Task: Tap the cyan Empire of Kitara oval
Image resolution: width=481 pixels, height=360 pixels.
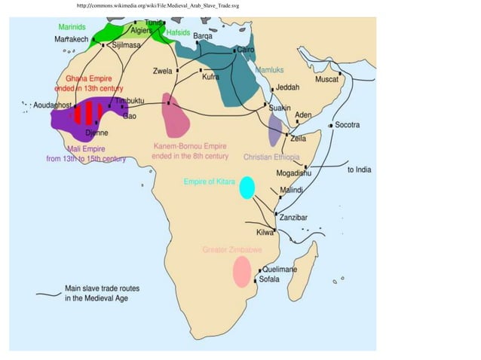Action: coord(247,188)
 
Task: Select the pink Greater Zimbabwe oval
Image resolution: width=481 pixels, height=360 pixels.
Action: coord(241,272)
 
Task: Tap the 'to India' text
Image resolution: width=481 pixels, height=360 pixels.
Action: coord(359,170)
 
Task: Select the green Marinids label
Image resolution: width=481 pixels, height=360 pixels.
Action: coord(72,27)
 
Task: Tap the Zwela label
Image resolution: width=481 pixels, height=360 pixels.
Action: coord(162,72)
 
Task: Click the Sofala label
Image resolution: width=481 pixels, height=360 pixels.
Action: coord(268,279)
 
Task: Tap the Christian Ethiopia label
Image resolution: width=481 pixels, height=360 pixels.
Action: coord(271,157)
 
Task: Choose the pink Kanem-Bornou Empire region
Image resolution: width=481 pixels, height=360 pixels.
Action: coord(177,117)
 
